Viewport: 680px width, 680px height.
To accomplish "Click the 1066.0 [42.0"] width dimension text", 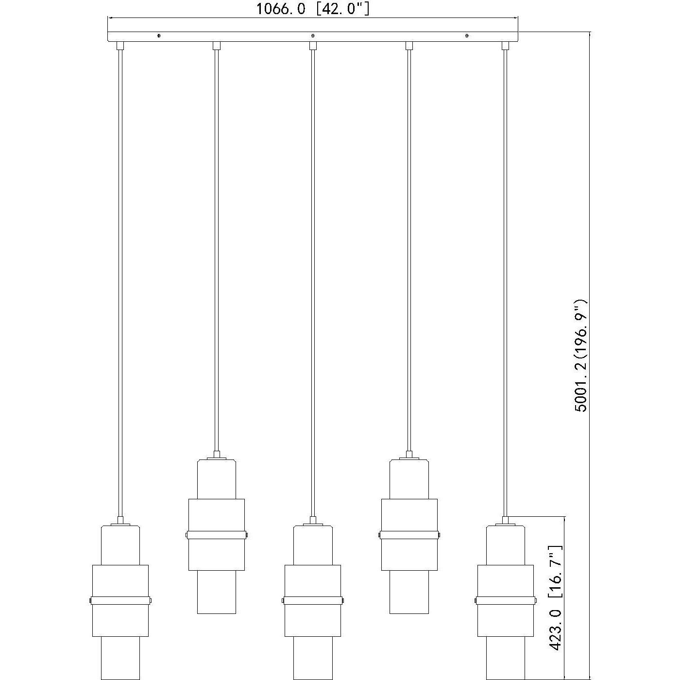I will (x=313, y=9).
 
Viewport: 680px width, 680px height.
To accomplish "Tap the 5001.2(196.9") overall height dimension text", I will (x=581, y=356).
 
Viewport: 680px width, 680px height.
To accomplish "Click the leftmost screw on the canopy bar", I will (x=159, y=35).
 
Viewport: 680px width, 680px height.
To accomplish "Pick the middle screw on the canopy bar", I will (x=313, y=35).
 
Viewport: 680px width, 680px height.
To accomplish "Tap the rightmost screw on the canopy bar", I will (x=467, y=35).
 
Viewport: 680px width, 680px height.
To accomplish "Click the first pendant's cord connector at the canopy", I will (x=120, y=46).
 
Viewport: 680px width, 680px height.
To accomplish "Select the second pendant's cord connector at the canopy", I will (x=217, y=46).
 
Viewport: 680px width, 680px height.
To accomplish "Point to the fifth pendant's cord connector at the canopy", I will (x=505, y=46).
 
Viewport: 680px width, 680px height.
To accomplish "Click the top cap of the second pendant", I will (x=217, y=456).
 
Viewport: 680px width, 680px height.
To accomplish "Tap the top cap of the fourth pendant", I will (x=409, y=456).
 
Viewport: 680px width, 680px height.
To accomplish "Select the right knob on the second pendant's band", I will (x=246, y=535).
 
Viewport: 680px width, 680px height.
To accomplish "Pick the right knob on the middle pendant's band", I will (x=342, y=601).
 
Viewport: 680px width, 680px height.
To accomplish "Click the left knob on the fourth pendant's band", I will (x=379, y=535).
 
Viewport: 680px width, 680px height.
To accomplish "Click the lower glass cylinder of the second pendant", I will (x=217, y=592).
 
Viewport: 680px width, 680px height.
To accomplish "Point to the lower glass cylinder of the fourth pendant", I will (x=409, y=592).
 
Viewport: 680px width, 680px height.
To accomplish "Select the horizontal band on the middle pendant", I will (x=313, y=601).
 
